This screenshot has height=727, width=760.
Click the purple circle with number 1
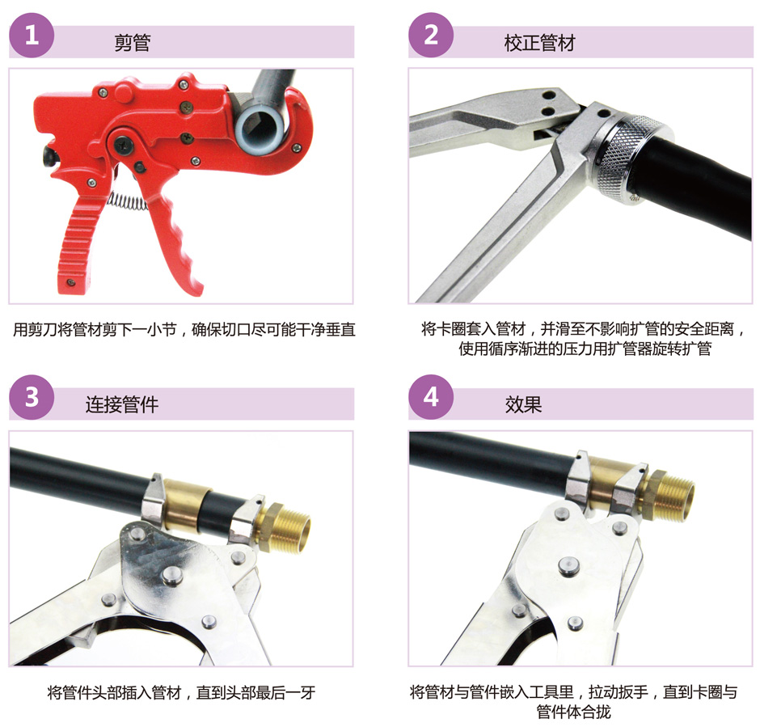point(32,36)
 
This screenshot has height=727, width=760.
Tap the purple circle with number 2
point(431,36)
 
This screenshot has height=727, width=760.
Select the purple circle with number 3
point(32,397)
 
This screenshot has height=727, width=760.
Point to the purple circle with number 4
point(431,397)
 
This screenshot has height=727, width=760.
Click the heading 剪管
point(133,43)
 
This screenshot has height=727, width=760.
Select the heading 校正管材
point(539,43)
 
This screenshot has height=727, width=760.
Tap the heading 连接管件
point(121,404)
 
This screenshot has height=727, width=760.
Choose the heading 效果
point(523,404)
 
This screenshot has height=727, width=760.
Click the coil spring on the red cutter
point(127,201)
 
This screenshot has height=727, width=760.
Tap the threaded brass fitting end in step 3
point(285,526)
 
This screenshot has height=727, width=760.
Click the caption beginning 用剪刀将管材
point(184,330)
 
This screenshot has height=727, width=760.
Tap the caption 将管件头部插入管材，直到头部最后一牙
point(181,692)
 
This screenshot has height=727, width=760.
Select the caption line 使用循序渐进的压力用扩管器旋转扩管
point(585,349)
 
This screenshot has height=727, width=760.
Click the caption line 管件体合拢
point(573,712)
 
